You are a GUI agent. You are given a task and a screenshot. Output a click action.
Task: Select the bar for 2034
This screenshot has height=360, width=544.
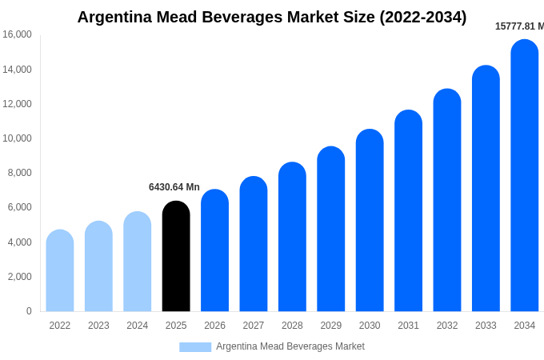coord(525,176)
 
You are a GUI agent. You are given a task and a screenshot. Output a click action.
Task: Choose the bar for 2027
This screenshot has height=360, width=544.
coord(254,244)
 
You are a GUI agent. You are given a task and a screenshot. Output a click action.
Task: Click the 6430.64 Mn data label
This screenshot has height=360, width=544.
coord(174,187)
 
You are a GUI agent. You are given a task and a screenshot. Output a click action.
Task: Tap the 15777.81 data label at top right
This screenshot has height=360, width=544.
coord(519,26)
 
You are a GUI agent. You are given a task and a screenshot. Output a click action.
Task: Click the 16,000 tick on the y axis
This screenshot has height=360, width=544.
coord(17,34)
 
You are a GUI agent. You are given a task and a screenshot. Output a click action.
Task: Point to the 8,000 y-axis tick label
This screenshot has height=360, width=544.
coord(19,173)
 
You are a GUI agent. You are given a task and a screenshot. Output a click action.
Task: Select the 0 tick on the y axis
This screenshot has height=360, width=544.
coord(29,311)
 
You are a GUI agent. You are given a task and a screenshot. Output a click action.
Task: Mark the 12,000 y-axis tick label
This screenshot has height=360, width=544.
coord(17,104)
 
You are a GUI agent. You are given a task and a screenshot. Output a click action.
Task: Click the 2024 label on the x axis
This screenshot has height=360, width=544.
coord(138,326)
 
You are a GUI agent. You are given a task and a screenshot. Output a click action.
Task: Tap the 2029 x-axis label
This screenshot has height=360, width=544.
coord(331,326)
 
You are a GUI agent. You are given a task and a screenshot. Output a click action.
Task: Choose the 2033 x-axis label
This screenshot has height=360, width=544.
coord(486,326)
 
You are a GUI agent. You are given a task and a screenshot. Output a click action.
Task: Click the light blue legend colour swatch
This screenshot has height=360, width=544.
coord(195,347)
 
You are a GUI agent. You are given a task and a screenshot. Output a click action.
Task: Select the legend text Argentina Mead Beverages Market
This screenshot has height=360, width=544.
coord(290,346)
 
